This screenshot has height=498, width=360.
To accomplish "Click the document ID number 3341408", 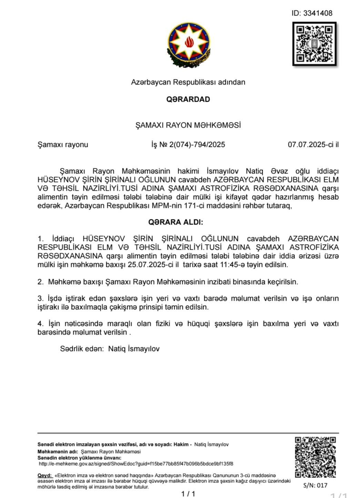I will click(318, 13).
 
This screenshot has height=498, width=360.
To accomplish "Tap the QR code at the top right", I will click(314, 44).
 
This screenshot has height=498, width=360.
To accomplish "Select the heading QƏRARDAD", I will click(188, 99).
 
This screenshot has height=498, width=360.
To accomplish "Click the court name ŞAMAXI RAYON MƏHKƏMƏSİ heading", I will click(188, 125).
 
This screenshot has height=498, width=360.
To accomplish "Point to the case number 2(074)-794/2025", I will click(197, 145).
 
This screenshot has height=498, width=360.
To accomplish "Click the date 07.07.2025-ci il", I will click(313, 145).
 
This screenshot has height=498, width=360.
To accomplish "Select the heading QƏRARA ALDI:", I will click(176, 222).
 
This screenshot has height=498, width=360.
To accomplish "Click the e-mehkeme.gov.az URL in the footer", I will click(136, 464).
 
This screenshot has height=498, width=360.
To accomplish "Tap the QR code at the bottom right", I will click(315, 457).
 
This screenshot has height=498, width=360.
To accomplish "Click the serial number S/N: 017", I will click(315, 485).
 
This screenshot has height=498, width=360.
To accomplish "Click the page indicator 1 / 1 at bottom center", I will click(188, 494).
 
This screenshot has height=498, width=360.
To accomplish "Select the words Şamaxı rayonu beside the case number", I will click(63, 145).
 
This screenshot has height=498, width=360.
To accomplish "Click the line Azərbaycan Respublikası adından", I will click(188, 82).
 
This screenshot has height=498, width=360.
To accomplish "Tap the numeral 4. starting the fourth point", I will click(40, 324).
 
